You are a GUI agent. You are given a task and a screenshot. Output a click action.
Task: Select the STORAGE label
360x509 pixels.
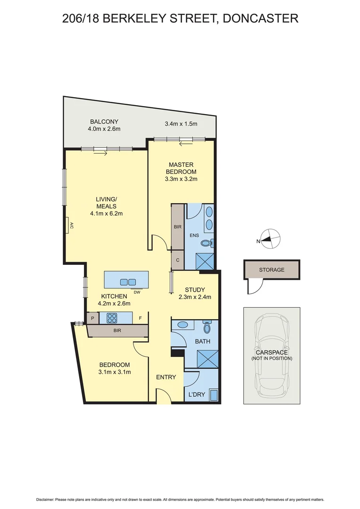click(x=271, y=270)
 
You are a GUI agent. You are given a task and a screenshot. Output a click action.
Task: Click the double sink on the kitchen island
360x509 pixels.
click(x=128, y=282)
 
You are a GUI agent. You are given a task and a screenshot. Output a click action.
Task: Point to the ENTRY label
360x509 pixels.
click(x=166, y=377)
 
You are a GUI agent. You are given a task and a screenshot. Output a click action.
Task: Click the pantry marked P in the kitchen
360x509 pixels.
click(x=92, y=319)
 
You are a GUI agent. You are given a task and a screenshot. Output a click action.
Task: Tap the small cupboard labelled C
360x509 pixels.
click(x=177, y=260)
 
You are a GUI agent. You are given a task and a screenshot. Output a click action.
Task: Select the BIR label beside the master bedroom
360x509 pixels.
click(x=177, y=227)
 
